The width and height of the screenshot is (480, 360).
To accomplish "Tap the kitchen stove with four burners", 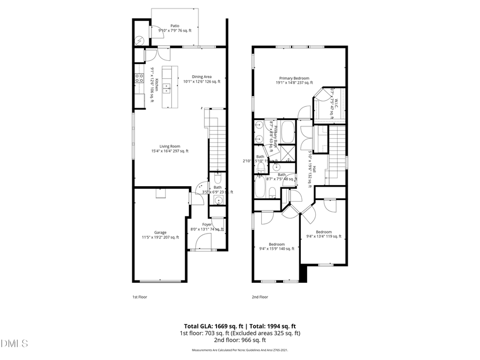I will point(139,78).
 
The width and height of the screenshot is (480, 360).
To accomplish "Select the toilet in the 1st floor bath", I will point(218,179).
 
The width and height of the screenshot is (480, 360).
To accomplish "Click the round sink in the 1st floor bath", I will point(218,200).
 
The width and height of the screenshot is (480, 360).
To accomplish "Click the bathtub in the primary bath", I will point(287,132).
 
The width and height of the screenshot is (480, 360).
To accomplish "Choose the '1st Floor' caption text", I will point(140,297).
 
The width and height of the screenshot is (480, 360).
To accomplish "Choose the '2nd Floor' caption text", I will point(260,297).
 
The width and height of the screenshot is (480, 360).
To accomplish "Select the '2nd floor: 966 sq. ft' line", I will point(239,340).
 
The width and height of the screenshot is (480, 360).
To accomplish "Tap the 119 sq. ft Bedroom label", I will point(323,234).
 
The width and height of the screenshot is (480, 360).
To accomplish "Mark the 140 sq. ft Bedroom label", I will point(276,246).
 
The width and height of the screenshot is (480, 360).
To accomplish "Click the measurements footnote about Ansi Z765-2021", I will point(239,350).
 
